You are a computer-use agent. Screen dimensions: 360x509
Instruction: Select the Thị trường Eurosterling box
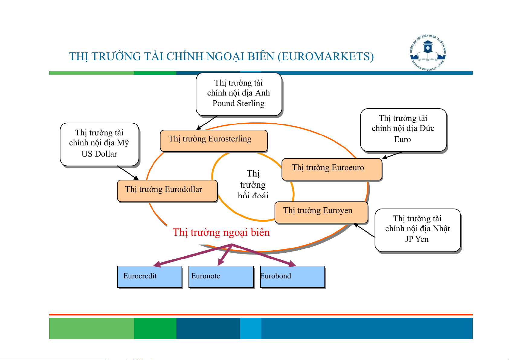[214, 140]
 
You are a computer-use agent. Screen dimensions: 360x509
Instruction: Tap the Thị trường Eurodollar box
[167, 190]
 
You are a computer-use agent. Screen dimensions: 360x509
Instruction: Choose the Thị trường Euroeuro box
[331, 169]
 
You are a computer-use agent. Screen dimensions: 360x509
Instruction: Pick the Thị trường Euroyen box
[321, 212]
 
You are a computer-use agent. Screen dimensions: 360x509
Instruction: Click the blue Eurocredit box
[149, 276]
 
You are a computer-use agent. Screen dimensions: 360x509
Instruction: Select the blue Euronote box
[221, 276]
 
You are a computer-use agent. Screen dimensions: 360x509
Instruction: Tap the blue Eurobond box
[292, 276]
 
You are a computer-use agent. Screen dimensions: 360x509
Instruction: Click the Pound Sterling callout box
[239, 94]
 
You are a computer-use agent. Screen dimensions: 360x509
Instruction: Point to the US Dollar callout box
[99, 144]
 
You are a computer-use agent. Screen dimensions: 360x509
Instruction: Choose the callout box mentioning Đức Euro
[403, 129]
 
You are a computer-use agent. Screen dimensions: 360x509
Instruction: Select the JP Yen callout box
[417, 229]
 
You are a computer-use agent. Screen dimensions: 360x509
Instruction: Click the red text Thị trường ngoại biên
[221, 232]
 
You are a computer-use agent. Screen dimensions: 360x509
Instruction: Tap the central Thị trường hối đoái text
[253, 184]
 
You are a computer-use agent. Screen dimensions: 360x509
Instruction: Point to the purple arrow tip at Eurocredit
[156, 265]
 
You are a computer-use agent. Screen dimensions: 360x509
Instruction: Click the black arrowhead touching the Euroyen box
[356, 225]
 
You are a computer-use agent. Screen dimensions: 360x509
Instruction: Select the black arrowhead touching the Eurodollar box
[137, 178]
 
